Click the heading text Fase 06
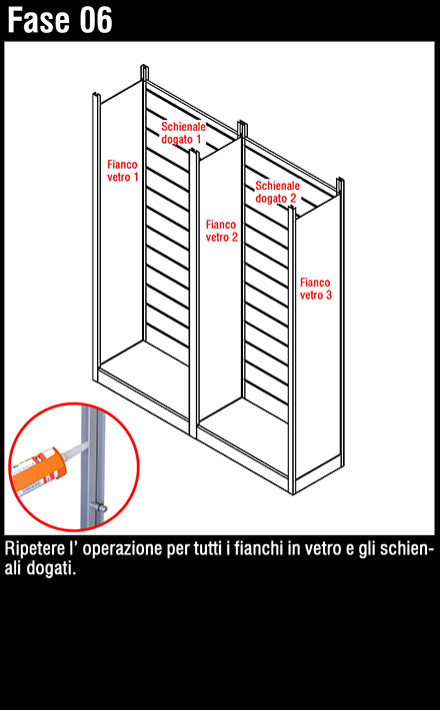pos(60,20)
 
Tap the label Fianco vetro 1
pos(122,171)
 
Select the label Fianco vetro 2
pos(221,231)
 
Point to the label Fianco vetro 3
pos(316,289)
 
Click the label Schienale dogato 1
pos(183,133)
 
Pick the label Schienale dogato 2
pos(277,192)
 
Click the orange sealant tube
pos(38,471)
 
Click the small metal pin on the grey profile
pos(100,506)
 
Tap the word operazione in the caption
pos(122,549)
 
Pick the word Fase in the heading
pos(40,20)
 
